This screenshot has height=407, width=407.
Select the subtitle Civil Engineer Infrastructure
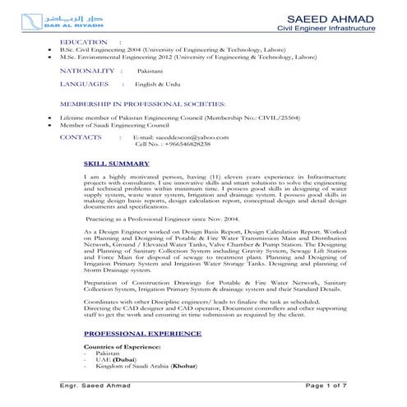[326, 29]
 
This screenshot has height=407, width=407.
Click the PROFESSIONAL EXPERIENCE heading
[142, 333]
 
